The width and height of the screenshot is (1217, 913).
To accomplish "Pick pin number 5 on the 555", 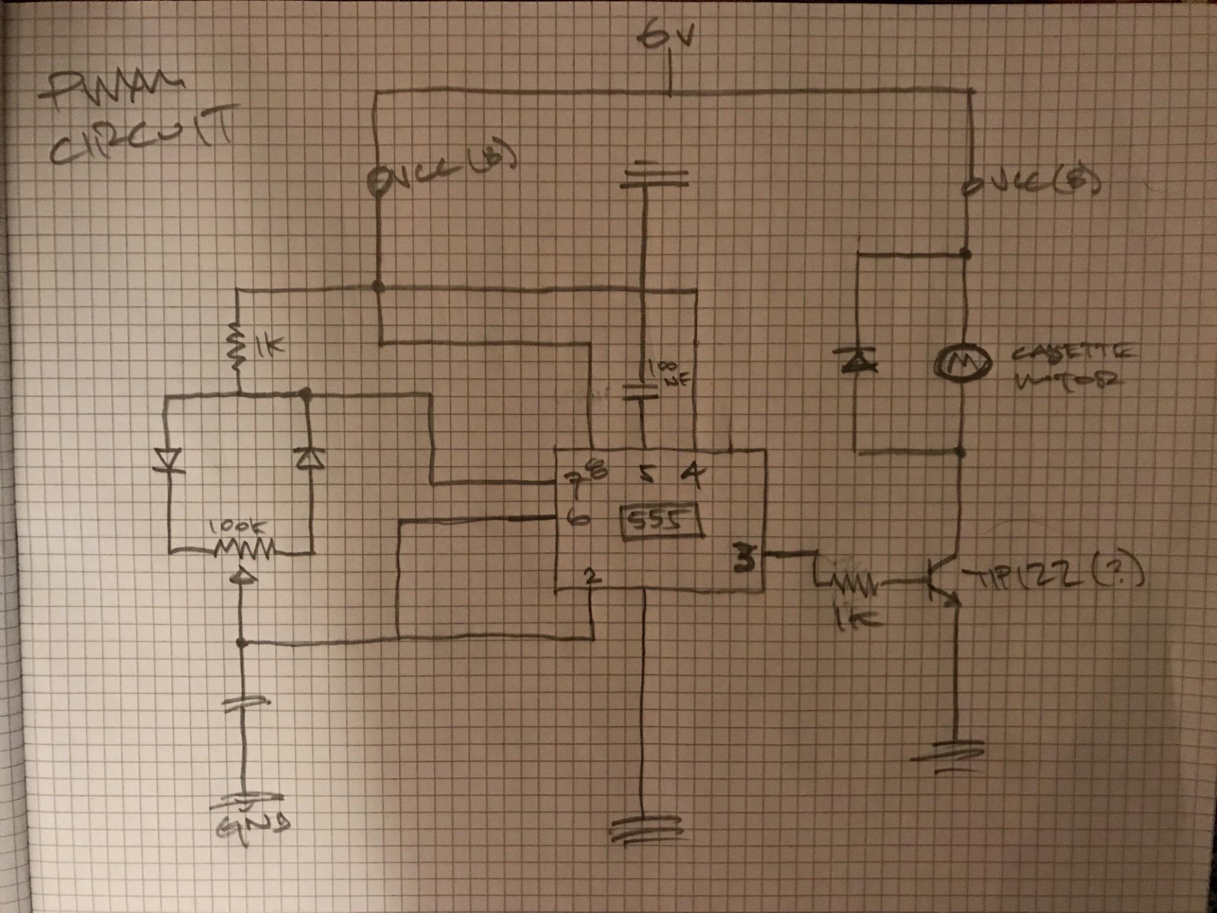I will [x=647, y=476].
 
